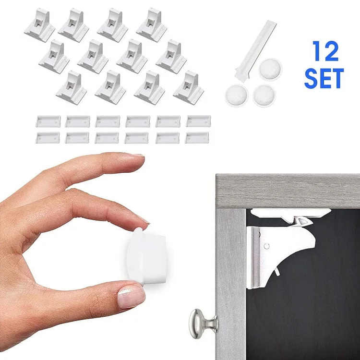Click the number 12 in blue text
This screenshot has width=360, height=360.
326,51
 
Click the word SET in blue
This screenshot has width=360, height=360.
324,79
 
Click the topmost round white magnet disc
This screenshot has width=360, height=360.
271,70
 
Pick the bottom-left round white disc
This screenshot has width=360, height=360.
236,95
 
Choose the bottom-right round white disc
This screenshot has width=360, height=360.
264,95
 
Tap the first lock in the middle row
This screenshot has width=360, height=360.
54,57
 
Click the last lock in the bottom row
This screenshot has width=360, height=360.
189,87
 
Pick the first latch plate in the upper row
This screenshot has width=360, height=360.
48,121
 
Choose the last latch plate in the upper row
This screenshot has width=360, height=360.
198,121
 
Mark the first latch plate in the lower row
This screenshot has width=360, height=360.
48,138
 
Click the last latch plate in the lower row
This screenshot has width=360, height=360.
197,138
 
